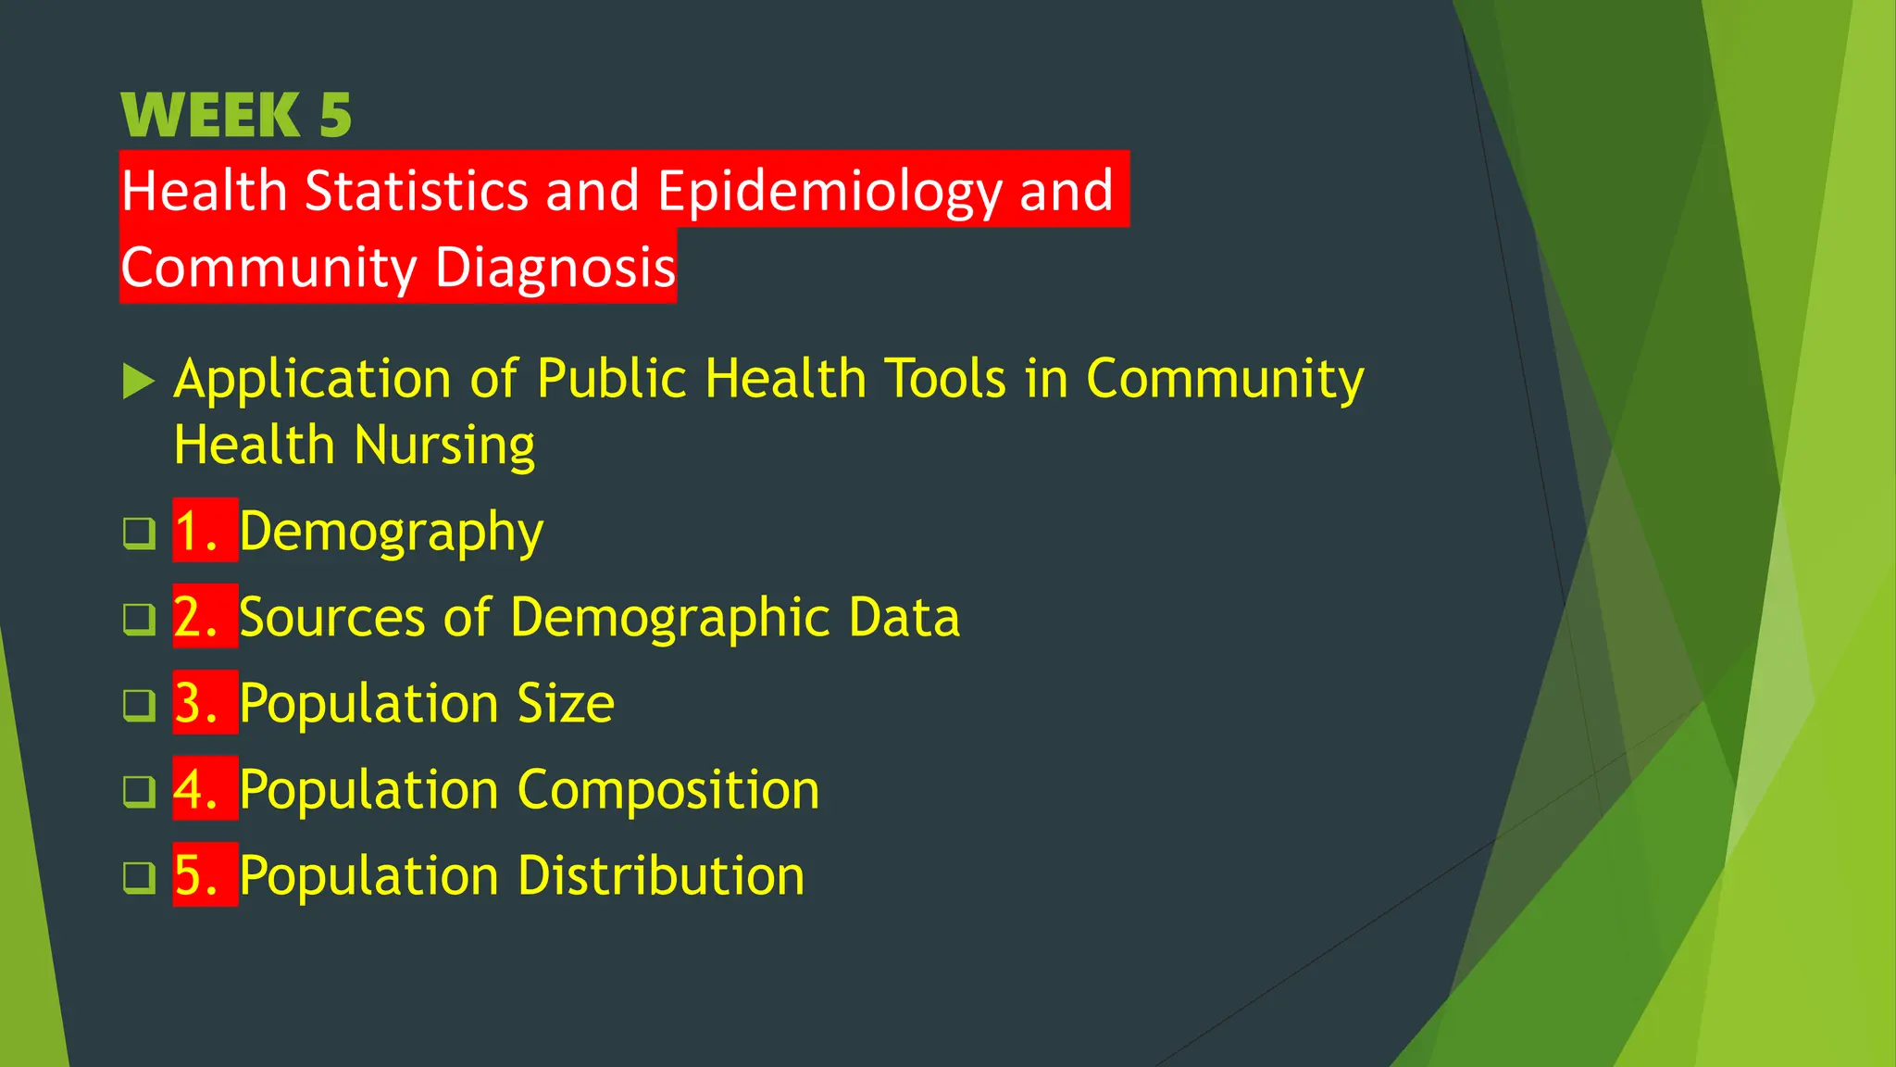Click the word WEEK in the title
[x=210, y=116]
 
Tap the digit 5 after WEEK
[x=335, y=116]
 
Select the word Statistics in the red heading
[x=416, y=191]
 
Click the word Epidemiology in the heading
[x=829, y=191]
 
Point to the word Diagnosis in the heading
[x=555, y=268]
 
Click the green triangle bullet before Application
[x=138, y=381]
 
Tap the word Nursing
[x=445, y=446]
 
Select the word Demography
[x=392, y=533]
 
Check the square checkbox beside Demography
[x=139, y=533]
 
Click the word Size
[x=566, y=704]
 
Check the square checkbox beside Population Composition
[x=139, y=791]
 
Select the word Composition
[x=667, y=791]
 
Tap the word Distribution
[x=661, y=876]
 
